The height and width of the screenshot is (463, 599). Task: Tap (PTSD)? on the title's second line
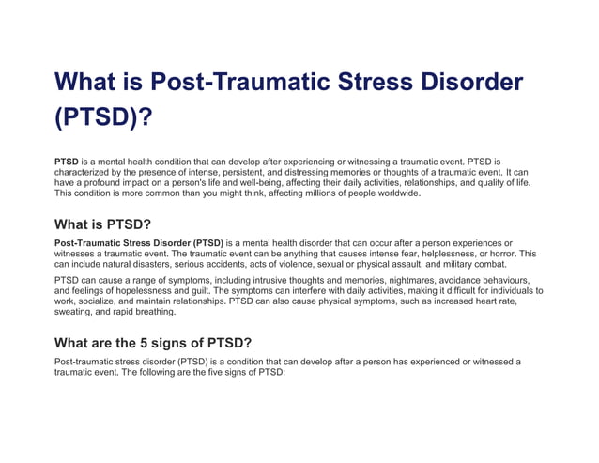(x=103, y=120)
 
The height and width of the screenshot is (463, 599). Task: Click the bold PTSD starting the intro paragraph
(x=67, y=162)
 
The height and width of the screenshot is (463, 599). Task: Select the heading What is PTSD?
(x=103, y=224)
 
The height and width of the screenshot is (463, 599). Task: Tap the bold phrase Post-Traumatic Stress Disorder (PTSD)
(x=139, y=243)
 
